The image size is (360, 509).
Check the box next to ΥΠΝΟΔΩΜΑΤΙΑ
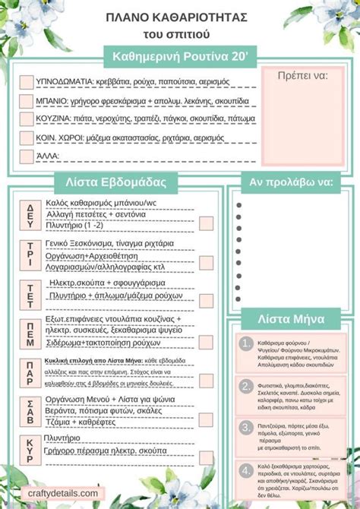(x=26, y=81)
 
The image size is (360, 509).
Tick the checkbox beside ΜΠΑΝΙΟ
(x=26, y=100)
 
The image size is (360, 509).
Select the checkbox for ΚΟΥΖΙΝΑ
(x=26, y=119)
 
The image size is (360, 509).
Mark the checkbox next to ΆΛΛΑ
(x=26, y=156)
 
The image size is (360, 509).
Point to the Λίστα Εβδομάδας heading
(x=116, y=183)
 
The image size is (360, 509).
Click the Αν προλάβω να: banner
(x=292, y=182)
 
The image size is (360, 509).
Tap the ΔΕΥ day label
(x=30, y=216)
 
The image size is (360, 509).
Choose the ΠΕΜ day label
(x=30, y=334)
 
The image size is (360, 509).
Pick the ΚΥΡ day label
(x=30, y=447)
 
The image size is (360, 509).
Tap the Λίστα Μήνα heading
(x=292, y=319)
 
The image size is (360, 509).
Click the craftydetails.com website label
(x=65, y=493)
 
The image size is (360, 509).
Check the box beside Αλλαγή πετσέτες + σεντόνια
(x=206, y=223)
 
